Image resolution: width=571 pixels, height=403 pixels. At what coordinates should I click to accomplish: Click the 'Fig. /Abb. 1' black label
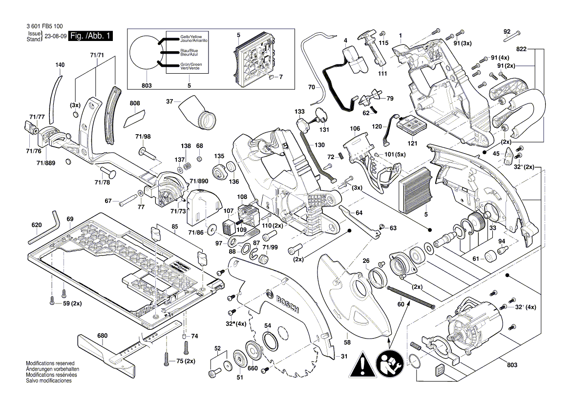click(x=91, y=37)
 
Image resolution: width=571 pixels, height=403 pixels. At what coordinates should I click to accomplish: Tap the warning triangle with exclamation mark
click(x=362, y=364)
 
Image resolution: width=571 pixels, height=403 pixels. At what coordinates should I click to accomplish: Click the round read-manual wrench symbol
click(x=389, y=364)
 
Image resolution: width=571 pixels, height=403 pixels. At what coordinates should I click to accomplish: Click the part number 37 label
click(x=169, y=101)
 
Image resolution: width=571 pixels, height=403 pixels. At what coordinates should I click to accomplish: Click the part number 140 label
click(x=60, y=65)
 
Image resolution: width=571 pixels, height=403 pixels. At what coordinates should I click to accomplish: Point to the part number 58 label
click(x=347, y=343)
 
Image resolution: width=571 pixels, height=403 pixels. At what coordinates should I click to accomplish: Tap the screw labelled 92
click(x=512, y=35)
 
